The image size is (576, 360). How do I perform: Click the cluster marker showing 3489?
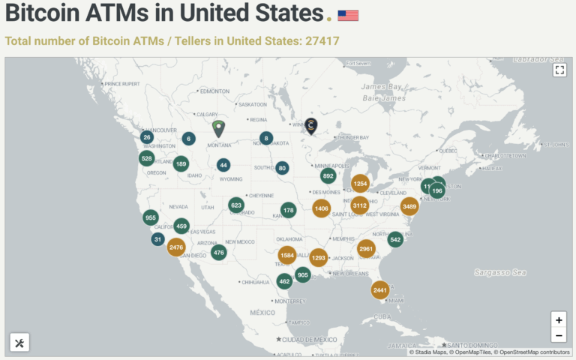click(409, 206)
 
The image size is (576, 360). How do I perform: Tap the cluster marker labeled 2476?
click(176, 247)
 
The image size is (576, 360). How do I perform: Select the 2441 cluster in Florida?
click(380, 290)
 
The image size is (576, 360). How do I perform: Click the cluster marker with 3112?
click(359, 205)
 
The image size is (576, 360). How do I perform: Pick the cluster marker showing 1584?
click(287, 256)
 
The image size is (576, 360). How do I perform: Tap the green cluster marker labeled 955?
click(151, 217)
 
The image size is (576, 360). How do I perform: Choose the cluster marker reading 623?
click(236, 205)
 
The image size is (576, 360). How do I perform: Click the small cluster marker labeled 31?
click(157, 239)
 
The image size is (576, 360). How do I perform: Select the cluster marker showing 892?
click(328, 176)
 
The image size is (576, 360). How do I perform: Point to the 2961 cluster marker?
click(366, 248)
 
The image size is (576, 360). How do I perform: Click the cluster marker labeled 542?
click(395, 240)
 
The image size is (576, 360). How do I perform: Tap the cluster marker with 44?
click(223, 165)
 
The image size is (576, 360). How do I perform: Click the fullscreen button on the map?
click(559, 70)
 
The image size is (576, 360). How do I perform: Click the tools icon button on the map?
click(19, 343)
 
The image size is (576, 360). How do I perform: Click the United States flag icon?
click(348, 15)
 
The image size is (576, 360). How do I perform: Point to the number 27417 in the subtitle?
click(322, 40)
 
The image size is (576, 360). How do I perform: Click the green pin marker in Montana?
click(218, 128)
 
